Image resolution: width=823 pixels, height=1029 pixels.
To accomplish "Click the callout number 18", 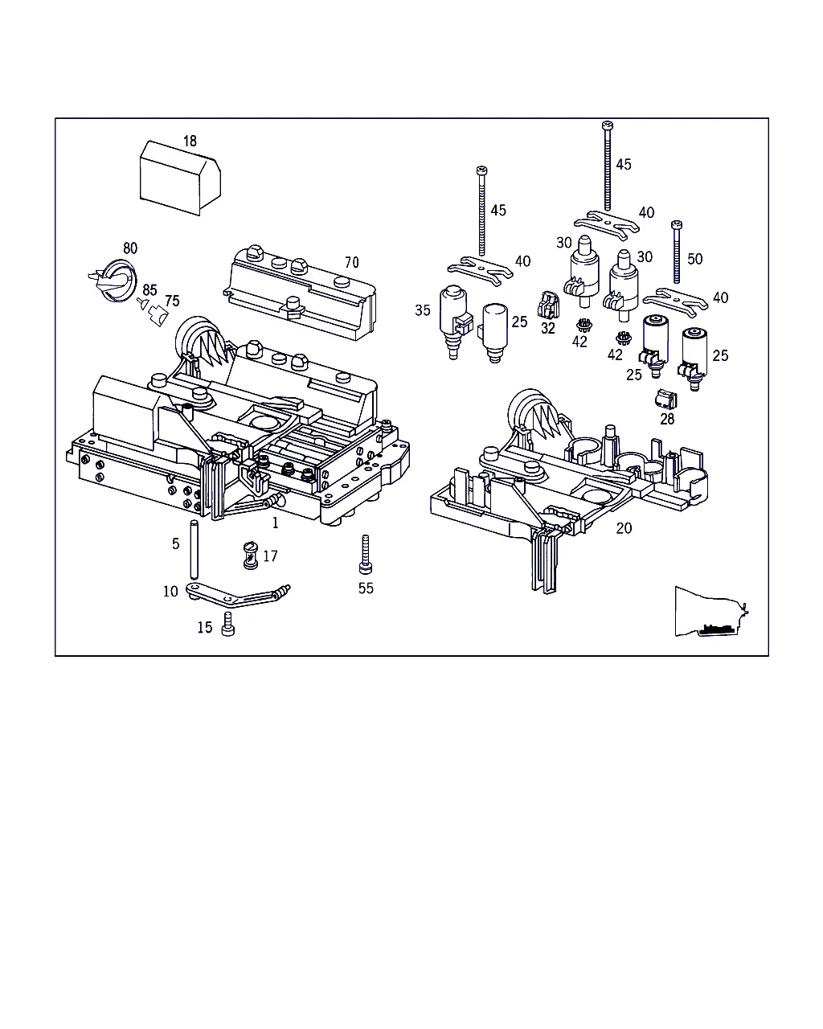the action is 190,141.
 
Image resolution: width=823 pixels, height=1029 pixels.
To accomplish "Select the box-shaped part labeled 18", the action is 180,178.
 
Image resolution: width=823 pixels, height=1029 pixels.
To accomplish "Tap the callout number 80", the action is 130,248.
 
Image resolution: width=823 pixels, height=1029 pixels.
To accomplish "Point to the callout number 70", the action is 351,263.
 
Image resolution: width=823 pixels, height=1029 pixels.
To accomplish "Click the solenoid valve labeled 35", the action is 455,322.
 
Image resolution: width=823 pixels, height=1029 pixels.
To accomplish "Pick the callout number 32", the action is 548,328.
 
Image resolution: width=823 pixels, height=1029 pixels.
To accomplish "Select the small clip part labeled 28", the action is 666,399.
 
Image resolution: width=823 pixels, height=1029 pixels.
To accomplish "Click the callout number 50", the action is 695,259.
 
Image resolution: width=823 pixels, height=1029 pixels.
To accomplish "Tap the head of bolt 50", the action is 677,225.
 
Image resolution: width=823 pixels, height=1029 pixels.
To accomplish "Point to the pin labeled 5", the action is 194,549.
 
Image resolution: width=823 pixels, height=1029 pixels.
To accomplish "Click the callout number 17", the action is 270,555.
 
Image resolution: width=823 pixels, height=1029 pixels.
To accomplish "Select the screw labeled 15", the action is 228,624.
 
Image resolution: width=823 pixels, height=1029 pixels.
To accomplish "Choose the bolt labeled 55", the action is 366,554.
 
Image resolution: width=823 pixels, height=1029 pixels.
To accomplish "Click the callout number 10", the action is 170,592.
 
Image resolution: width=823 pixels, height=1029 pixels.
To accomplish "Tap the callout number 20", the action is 624,528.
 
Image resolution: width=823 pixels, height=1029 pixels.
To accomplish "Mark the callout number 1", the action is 275,523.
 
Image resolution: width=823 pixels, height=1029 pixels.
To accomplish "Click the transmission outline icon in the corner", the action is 711,612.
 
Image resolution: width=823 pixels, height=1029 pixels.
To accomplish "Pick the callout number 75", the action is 172,301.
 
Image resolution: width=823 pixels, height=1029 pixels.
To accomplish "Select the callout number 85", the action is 149,289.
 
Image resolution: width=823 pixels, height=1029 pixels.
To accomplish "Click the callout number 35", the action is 423,310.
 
